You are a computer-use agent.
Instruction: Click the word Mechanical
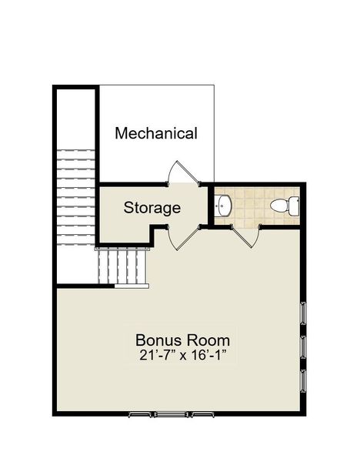(155, 133)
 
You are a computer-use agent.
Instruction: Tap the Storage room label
(152, 208)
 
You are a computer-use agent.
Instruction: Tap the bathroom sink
(223, 206)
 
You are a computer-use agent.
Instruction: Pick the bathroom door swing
(248, 235)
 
